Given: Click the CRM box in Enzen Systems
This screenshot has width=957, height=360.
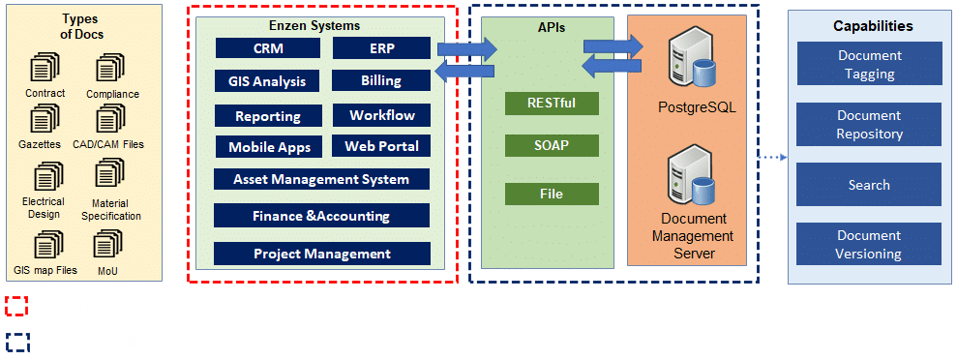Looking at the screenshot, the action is tap(268, 48).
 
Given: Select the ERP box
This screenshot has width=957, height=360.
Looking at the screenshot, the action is tap(381, 48).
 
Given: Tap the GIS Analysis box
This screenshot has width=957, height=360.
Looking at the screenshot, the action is tap(268, 80).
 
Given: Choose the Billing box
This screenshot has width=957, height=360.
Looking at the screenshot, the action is tap(381, 80).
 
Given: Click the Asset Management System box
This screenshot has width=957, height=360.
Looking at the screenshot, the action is tap(321, 179).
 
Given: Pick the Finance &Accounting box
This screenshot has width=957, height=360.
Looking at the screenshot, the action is tap(321, 216).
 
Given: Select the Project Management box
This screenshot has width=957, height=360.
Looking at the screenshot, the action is tap(322, 254).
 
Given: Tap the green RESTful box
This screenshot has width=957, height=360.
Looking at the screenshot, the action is tap(552, 104).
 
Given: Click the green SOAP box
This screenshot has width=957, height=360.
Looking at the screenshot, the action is tap(552, 145).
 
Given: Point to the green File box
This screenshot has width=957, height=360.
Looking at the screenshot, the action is tap(552, 195).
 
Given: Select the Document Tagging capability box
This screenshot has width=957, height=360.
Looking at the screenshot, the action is tap(869, 65).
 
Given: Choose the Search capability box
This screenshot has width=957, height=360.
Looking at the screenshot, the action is tap(869, 184).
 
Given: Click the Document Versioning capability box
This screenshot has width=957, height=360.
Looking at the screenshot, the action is tap(869, 244).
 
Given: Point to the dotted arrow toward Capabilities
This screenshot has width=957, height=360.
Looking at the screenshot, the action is tap(773, 157).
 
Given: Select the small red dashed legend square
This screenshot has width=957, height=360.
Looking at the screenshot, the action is tap(16, 307).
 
